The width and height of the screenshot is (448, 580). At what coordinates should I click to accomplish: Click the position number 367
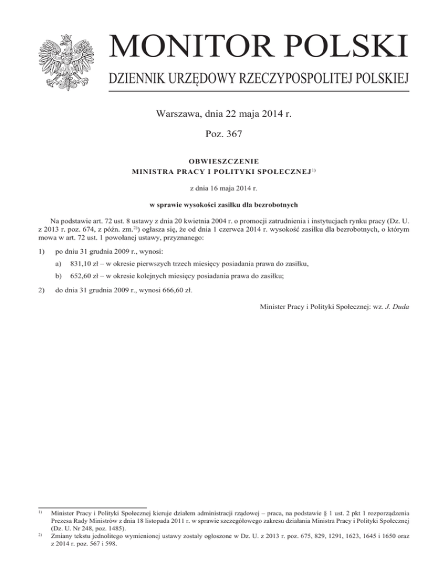(233, 135)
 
